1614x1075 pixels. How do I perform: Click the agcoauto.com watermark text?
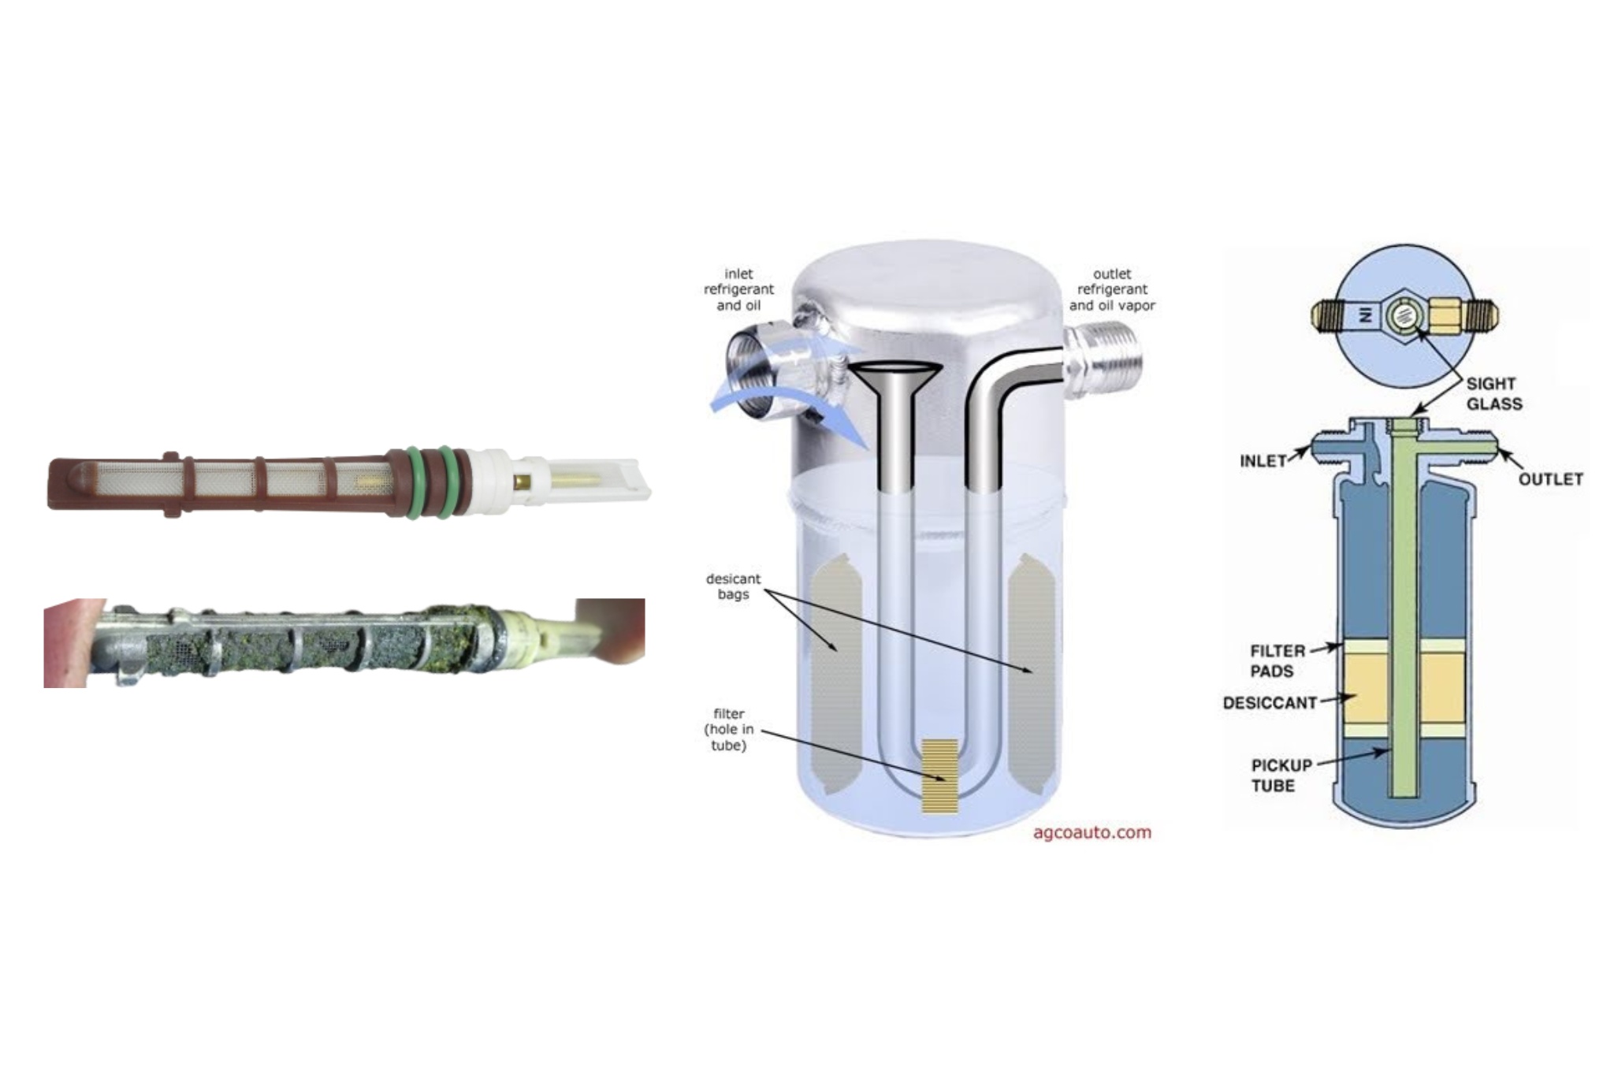[1091, 832]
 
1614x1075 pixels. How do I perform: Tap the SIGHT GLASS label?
[1494, 394]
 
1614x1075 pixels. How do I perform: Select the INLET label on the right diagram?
[1263, 460]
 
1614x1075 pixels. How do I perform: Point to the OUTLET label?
[1550, 479]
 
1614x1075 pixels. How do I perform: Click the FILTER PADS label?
[1277, 661]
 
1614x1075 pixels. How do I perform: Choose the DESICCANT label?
[1270, 702]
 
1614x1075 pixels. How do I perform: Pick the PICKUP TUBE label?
[1282, 775]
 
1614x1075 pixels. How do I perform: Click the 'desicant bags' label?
[733, 586]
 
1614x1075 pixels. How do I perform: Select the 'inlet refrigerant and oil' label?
[738, 289]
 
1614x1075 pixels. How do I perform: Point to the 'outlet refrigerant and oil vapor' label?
[1112, 289]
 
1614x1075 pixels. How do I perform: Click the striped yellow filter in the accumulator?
[939, 776]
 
